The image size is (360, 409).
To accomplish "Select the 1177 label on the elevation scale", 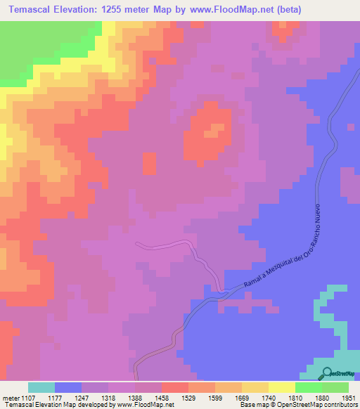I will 55,398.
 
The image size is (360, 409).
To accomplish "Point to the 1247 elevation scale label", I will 82,398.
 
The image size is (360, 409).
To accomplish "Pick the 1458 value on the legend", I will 161,398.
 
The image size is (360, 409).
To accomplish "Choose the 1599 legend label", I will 214,398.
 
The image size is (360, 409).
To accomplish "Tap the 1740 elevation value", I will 268,398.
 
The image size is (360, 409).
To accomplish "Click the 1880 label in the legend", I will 321,398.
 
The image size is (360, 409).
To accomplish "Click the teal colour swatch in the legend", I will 41,387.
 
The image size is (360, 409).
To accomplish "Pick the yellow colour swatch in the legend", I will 281,387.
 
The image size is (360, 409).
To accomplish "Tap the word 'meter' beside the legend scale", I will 10,398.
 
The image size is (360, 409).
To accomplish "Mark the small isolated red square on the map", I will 149,164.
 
